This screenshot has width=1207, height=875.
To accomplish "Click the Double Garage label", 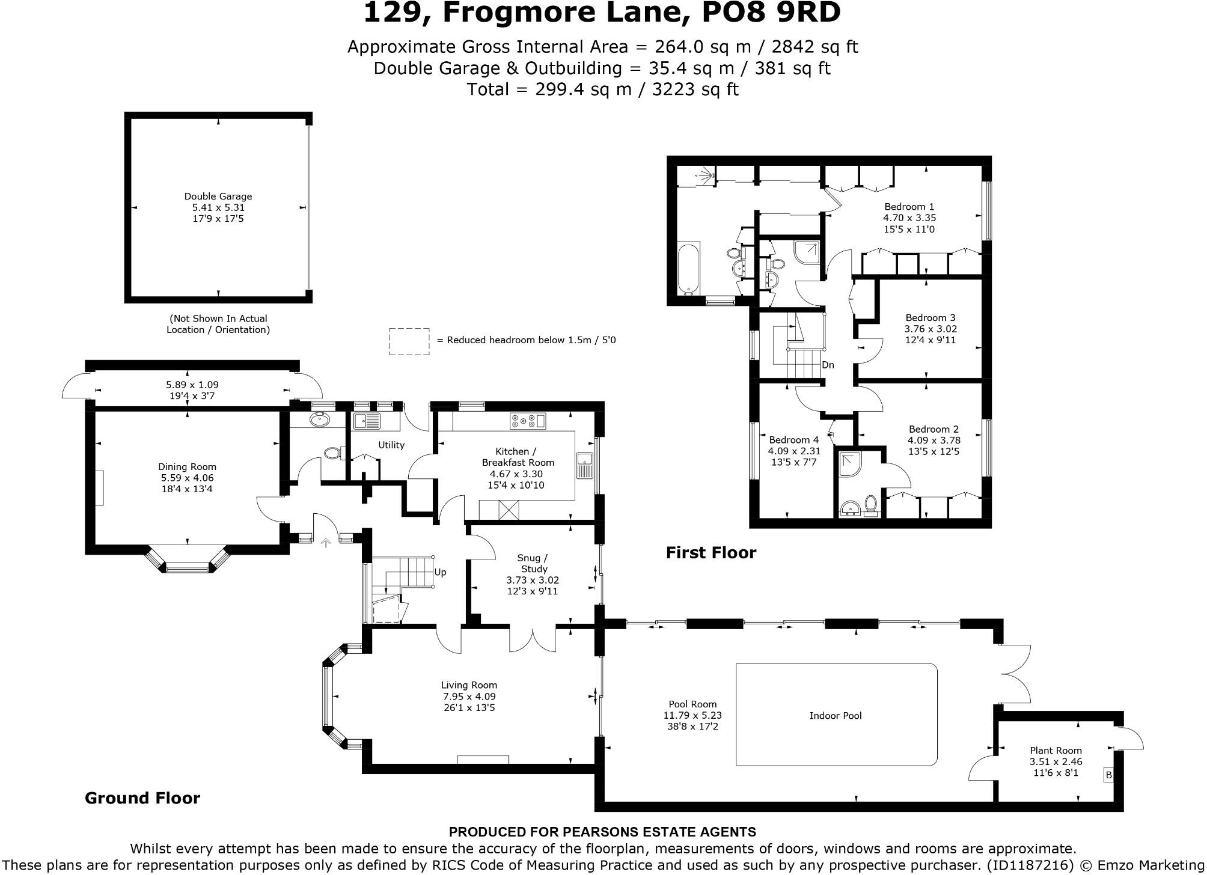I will click(x=218, y=197).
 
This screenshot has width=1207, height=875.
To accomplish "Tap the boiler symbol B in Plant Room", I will click(x=1108, y=775).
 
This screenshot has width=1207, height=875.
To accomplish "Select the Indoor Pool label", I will click(x=835, y=716).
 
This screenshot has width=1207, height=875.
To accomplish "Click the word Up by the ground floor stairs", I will click(x=440, y=572).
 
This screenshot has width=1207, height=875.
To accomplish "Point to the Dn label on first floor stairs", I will click(x=828, y=365).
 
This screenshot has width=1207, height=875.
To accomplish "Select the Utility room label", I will click(x=391, y=445).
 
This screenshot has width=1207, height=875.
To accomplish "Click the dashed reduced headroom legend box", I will click(x=409, y=341).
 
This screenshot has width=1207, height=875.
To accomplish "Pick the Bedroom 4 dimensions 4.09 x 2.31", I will click(x=793, y=451).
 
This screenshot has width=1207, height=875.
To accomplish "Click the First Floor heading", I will click(x=710, y=552).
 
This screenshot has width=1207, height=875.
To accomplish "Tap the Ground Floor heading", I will click(x=142, y=798).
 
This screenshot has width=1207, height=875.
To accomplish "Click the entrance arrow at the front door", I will click(x=326, y=543).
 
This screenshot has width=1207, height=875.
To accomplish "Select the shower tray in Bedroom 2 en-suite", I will click(x=849, y=469).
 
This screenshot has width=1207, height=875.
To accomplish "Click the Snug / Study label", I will click(x=533, y=564).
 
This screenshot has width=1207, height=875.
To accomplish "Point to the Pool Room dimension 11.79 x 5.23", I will click(x=692, y=715).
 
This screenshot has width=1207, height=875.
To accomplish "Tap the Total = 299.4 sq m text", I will click(x=602, y=90).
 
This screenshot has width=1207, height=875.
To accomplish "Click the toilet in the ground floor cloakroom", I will click(x=332, y=453).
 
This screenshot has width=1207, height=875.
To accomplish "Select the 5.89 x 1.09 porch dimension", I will click(x=192, y=385).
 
